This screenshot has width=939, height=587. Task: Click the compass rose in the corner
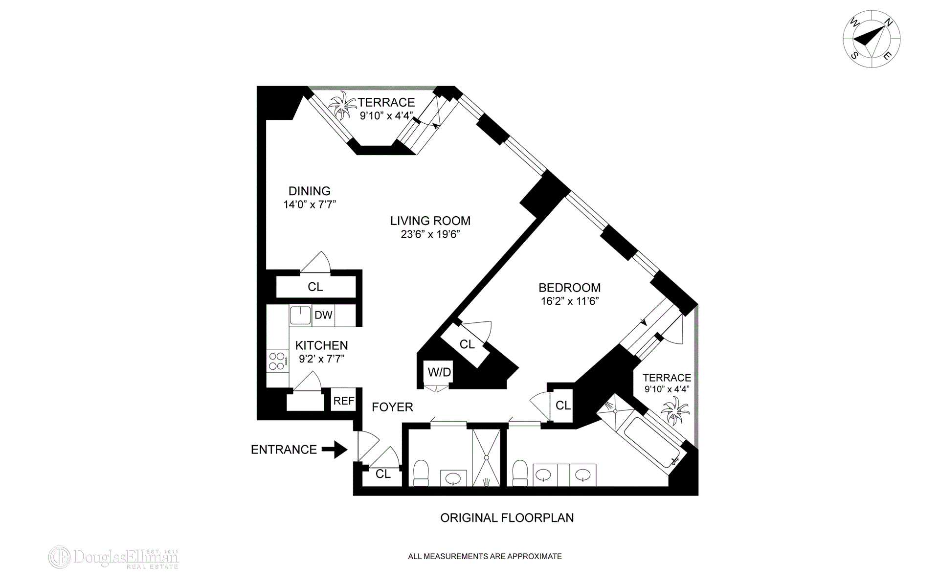click(872, 39)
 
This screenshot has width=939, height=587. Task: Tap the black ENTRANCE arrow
click(335, 449)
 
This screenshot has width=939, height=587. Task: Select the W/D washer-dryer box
click(439, 372)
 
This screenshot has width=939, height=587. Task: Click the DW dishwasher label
click(323, 316)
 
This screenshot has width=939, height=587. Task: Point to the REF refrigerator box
click(343, 401)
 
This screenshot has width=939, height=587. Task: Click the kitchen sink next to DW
click(300, 316)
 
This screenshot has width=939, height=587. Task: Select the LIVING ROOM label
click(430, 221)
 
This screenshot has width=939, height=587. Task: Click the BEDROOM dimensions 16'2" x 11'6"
click(569, 301)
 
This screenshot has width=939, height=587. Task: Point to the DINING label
click(309, 191)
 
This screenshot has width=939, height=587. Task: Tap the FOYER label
click(392, 407)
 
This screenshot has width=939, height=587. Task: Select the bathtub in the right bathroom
click(650, 442)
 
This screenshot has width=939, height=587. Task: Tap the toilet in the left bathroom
click(421, 474)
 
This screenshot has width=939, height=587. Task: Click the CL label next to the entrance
click(383, 474)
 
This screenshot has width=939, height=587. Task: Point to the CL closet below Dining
click(315, 287)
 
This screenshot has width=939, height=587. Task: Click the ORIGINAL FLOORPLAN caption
click(507, 518)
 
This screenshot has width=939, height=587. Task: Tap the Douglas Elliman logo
click(113, 558)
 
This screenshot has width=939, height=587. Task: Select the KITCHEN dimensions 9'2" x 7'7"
click(321, 359)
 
